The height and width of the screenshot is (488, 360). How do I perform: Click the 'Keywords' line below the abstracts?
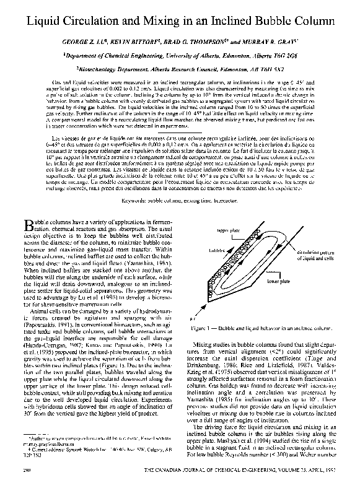pyautogui.click(x=180, y=184)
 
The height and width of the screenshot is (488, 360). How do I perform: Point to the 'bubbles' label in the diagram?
pyautogui.click(x=217, y=251)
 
